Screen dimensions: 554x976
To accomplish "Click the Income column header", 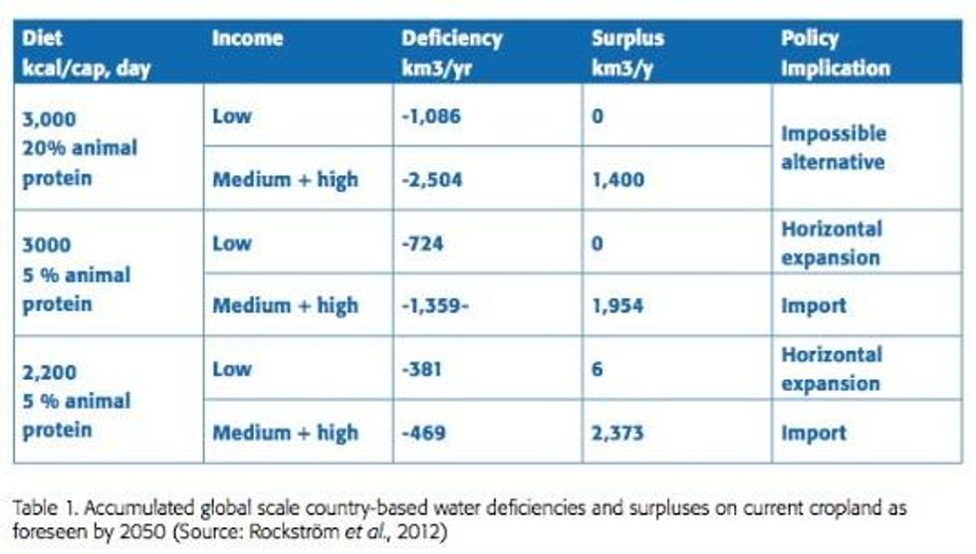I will point(247,39).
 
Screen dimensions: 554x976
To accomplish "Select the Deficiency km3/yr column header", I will point(451,54).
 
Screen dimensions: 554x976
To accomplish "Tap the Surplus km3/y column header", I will point(627,54).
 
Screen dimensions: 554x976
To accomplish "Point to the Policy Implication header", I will point(835,54).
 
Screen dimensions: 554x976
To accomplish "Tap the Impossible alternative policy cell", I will point(833,147).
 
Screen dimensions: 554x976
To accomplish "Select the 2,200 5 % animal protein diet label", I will point(76,401).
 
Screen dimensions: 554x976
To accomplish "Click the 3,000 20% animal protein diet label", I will point(80,147).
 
